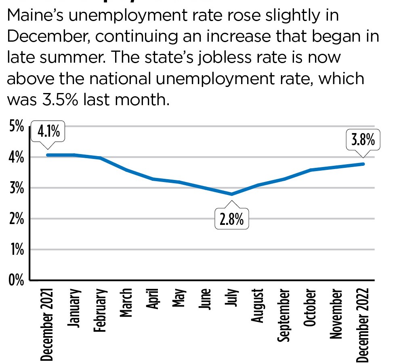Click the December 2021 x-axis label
tap(48, 324)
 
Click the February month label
tap(100, 310)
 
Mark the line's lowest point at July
tap(231, 194)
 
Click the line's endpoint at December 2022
tap(363, 164)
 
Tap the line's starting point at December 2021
tap(48, 155)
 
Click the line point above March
tap(126, 170)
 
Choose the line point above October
tap(311, 170)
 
